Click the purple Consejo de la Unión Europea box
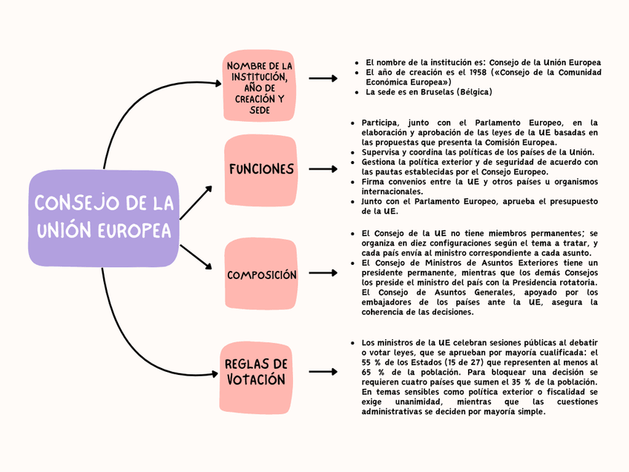click(104, 217)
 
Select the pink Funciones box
click(261, 169)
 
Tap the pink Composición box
click(261, 275)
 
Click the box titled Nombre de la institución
click(259, 87)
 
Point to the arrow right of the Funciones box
click(323, 170)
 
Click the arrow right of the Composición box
click(323, 273)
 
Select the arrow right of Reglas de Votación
click(323, 371)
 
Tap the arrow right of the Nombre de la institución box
click(323, 78)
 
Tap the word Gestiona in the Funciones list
click(380, 161)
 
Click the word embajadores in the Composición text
click(388, 303)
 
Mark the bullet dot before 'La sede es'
click(358, 93)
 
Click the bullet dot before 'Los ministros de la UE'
click(352, 343)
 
